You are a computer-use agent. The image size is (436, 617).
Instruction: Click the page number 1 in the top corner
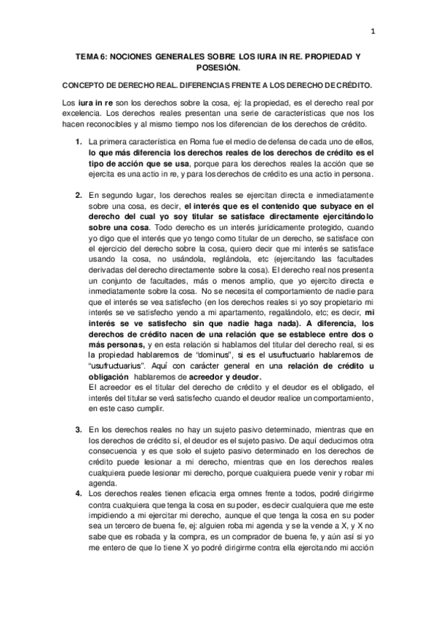[373, 31]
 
